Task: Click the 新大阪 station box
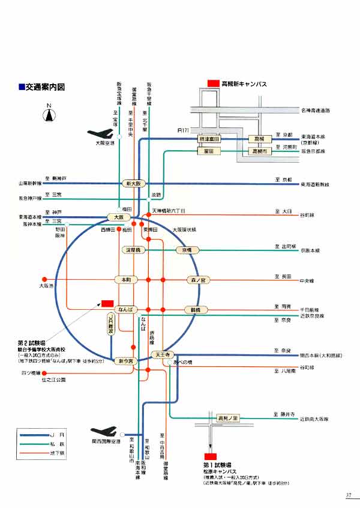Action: (x=133, y=183)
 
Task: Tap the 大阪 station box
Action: (x=118, y=217)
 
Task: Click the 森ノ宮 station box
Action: (x=199, y=280)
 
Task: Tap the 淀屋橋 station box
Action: (x=132, y=249)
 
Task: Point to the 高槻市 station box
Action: (x=262, y=151)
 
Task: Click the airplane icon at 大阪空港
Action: (x=100, y=134)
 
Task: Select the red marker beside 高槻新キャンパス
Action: (x=213, y=84)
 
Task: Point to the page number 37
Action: (x=349, y=495)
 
